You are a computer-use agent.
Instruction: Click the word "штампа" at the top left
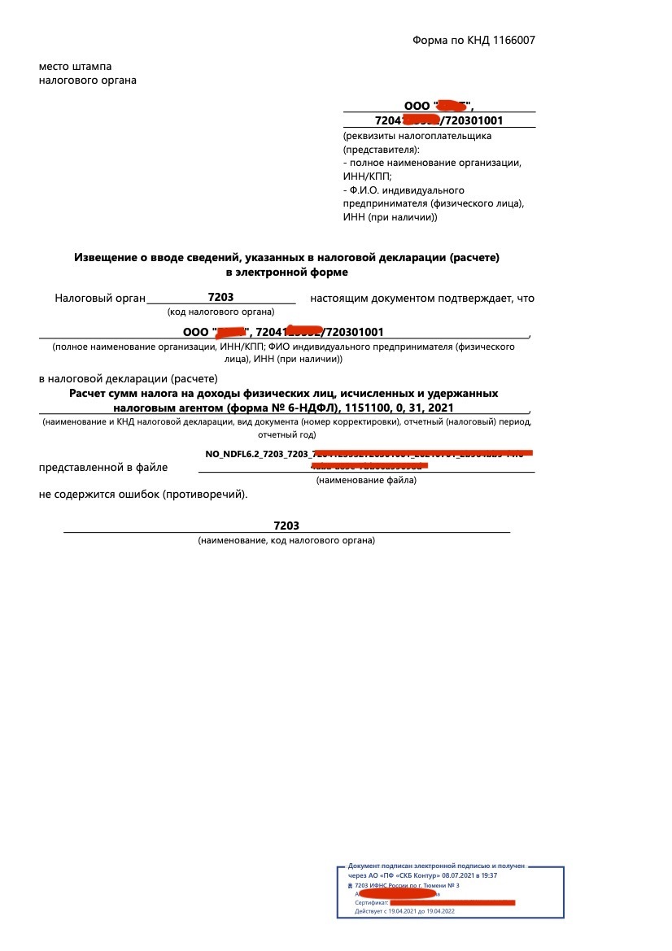(90, 66)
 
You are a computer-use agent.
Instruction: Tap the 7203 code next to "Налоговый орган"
(220, 298)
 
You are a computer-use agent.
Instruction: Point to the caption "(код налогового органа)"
(220, 312)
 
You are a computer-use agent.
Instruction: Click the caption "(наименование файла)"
(366, 480)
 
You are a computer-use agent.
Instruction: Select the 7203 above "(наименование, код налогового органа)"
(286, 526)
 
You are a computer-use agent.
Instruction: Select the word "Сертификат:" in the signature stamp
(371, 902)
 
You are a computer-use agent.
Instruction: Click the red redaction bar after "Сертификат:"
(452, 902)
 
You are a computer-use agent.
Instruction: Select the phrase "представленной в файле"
(103, 467)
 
